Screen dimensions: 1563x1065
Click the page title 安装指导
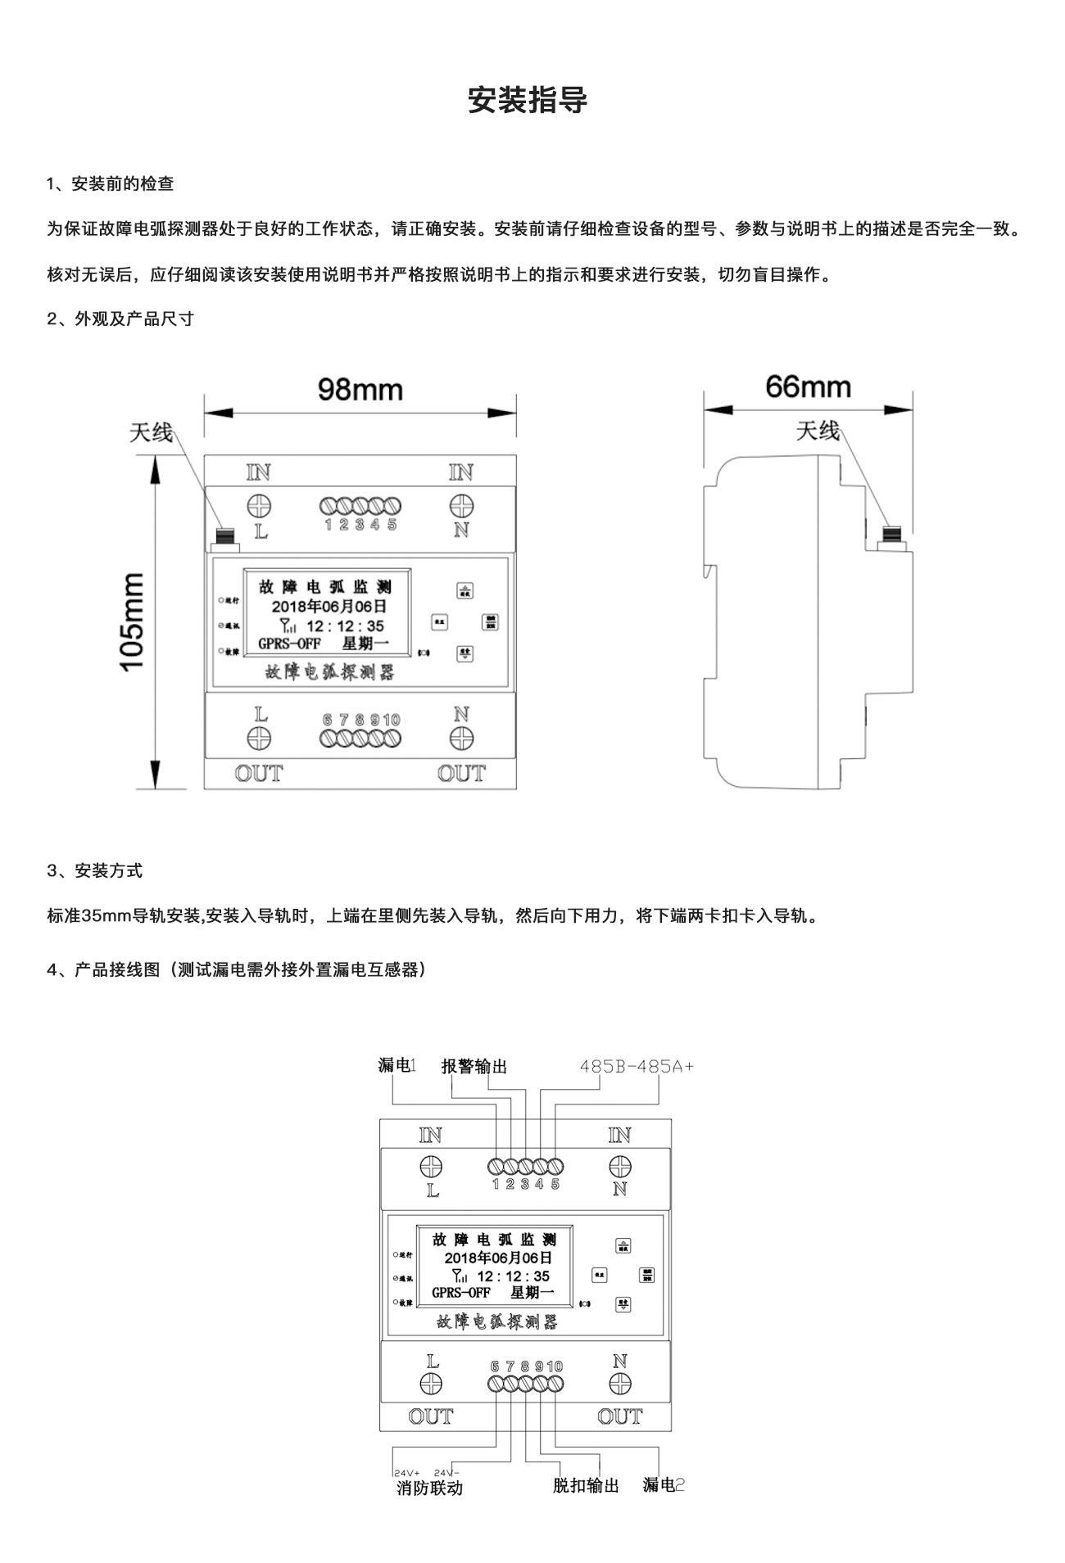[x=528, y=101]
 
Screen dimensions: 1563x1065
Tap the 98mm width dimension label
[x=360, y=390]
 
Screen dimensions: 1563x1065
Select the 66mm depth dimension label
[x=808, y=386]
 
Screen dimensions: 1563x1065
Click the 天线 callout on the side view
[x=818, y=431]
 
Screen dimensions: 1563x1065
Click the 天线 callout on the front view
[x=151, y=432]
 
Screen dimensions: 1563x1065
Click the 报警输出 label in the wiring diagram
[x=474, y=1066]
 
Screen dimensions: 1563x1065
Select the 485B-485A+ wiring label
[x=637, y=1066]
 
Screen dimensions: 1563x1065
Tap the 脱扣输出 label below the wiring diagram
[x=586, y=1485]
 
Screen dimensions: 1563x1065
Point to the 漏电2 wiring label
[x=663, y=1484]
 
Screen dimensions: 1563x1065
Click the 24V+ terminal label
[x=406, y=1472]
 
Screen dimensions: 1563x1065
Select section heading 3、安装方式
[x=95, y=870]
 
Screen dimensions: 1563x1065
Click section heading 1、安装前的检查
[x=111, y=183]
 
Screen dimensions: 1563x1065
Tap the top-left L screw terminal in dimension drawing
[x=260, y=504]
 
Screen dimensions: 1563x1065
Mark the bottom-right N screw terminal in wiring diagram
[x=620, y=1384]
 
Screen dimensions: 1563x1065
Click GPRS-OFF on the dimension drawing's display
[x=289, y=644]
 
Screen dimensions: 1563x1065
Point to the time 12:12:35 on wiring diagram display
[x=513, y=1276]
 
